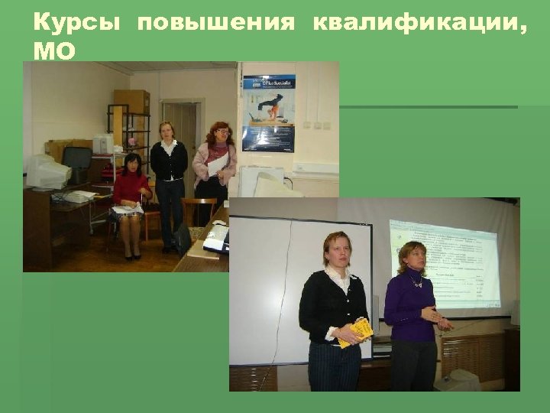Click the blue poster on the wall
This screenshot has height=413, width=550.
click(268, 112)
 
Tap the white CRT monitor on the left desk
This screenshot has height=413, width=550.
click(47, 172)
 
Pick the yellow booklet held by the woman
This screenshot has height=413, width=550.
click(357, 332)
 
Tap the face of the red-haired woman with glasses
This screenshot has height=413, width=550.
click(221, 135)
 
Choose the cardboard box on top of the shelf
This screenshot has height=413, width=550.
click(131, 101)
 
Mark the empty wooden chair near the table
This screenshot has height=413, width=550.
click(198, 212)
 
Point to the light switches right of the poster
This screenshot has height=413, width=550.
click(316, 125)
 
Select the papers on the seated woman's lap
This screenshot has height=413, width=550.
click(127, 209)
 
